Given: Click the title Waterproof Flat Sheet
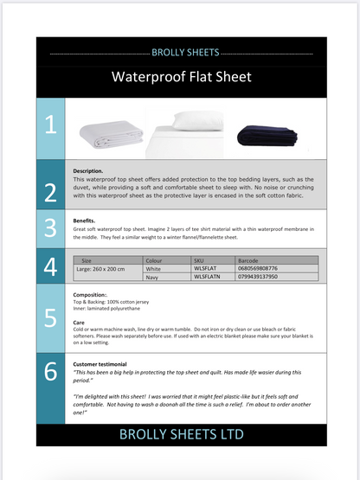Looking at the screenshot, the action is (181, 77).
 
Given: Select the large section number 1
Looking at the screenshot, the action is (50, 126).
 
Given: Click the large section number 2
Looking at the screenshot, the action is (50, 191).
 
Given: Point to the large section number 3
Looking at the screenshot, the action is (50, 228).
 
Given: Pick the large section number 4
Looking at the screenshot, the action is (50, 265).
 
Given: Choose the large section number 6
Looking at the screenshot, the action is (50, 372).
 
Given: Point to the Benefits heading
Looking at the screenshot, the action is (84, 221).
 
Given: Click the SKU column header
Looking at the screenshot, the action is (199, 259).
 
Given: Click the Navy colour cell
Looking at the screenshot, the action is (154, 277).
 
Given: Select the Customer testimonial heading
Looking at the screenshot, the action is (100, 364).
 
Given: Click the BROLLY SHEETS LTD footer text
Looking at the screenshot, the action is (181, 433).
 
